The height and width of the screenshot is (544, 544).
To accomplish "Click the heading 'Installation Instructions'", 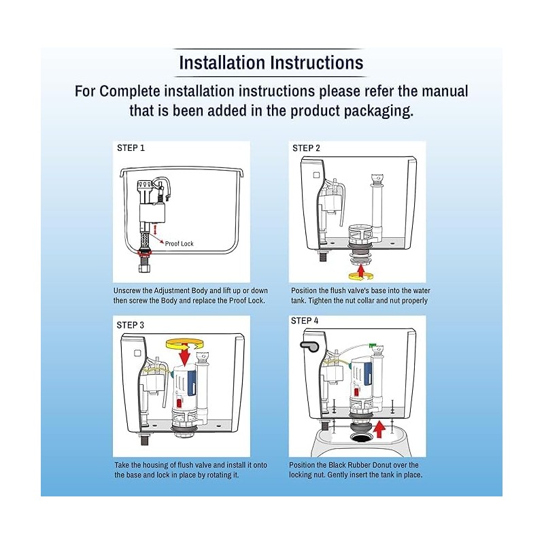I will pyautogui.click(x=271, y=63).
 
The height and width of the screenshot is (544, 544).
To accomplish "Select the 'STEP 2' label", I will pyautogui.click(x=306, y=148).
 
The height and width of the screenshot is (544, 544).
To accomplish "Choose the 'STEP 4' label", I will pyautogui.click(x=305, y=320).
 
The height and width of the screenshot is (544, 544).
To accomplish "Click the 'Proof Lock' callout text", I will pyautogui.click(x=180, y=242).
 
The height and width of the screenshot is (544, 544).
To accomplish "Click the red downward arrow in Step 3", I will pyautogui.click(x=184, y=354).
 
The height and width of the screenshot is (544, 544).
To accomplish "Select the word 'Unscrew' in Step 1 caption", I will pyautogui.click(x=129, y=290).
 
